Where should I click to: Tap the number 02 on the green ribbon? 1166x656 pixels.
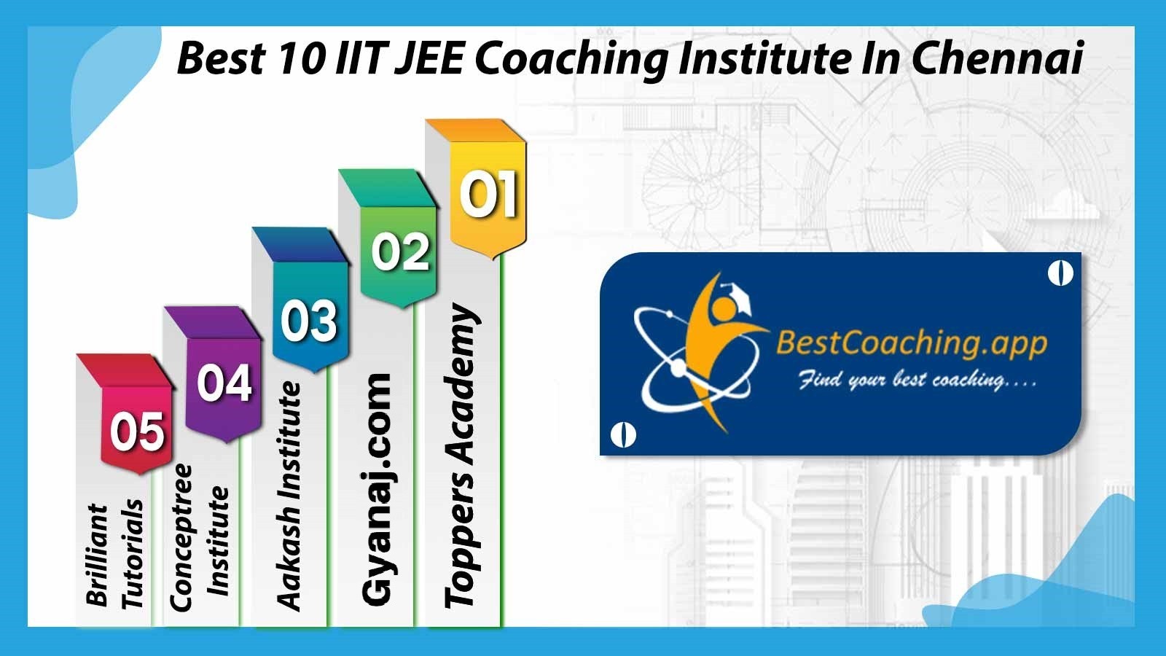pyautogui.click(x=400, y=252)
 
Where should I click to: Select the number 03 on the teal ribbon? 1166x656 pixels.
pyautogui.click(x=309, y=321)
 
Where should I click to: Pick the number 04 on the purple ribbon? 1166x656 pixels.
pyautogui.click(x=225, y=383)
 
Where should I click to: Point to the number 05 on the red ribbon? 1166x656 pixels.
pyautogui.click(x=138, y=431)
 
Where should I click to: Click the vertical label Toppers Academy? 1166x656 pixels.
pyautogui.click(x=461, y=456)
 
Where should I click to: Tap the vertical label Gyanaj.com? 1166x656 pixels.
pyautogui.click(x=376, y=489)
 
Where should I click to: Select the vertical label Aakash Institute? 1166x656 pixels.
pyautogui.click(x=289, y=496)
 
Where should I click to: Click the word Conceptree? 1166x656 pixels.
pyautogui.click(x=181, y=537)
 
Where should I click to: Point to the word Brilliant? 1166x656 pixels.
pyautogui.click(x=97, y=555)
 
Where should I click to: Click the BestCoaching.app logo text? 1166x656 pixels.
pyautogui.click(x=912, y=343)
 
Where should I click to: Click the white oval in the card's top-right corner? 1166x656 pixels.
pyautogui.click(x=1060, y=273)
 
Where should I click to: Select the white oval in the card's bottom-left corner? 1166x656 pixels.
pyautogui.click(x=622, y=434)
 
